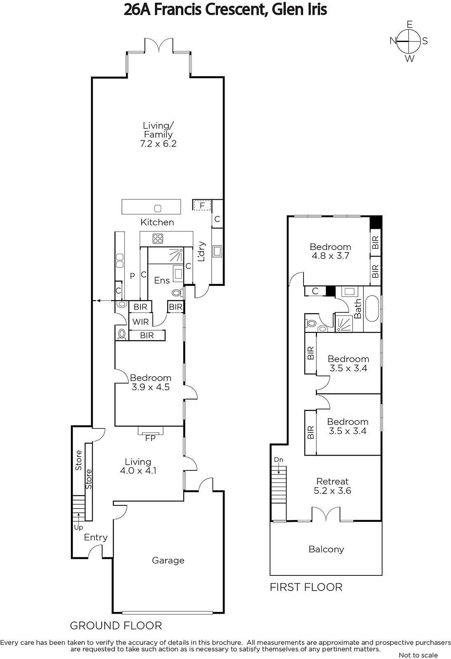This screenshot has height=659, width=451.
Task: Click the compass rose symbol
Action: pyautogui.click(x=409, y=41)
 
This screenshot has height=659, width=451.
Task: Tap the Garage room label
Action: pyautogui.click(x=168, y=560)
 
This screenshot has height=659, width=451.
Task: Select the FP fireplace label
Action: pyautogui.click(x=150, y=438)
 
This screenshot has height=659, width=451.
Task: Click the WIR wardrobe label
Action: pyautogui.click(x=140, y=322)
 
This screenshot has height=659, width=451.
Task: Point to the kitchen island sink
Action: pyautogui.click(x=158, y=208)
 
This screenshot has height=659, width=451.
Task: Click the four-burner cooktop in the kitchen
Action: pyautogui.click(x=158, y=238)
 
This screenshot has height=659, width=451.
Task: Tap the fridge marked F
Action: pyautogui.click(x=202, y=206)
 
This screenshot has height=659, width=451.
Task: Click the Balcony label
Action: pyautogui.click(x=326, y=549)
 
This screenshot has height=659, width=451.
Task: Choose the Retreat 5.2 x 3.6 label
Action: pyautogui.click(x=332, y=486)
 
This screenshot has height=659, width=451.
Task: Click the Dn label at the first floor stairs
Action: pyautogui.click(x=278, y=460)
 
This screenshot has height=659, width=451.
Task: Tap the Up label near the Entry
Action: pyautogui.click(x=79, y=528)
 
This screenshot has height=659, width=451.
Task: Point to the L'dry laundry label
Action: pyautogui.click(x=201, y=252)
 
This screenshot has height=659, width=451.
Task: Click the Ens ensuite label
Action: pyautogui.click(x=162, y=280)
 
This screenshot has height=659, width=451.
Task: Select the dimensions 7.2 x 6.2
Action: pyautogui.click(x=158, y=144)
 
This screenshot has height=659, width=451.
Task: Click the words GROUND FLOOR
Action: pyautogui.click(x=116, y=626)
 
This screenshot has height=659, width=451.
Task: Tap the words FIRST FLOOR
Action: pyautogui.click(x=306, y=587)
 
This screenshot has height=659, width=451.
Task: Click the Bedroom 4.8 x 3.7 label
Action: pyautogui.click(x=330, y=251)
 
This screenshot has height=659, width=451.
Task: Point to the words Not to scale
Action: pyautogui.click(x=418, y=655)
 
